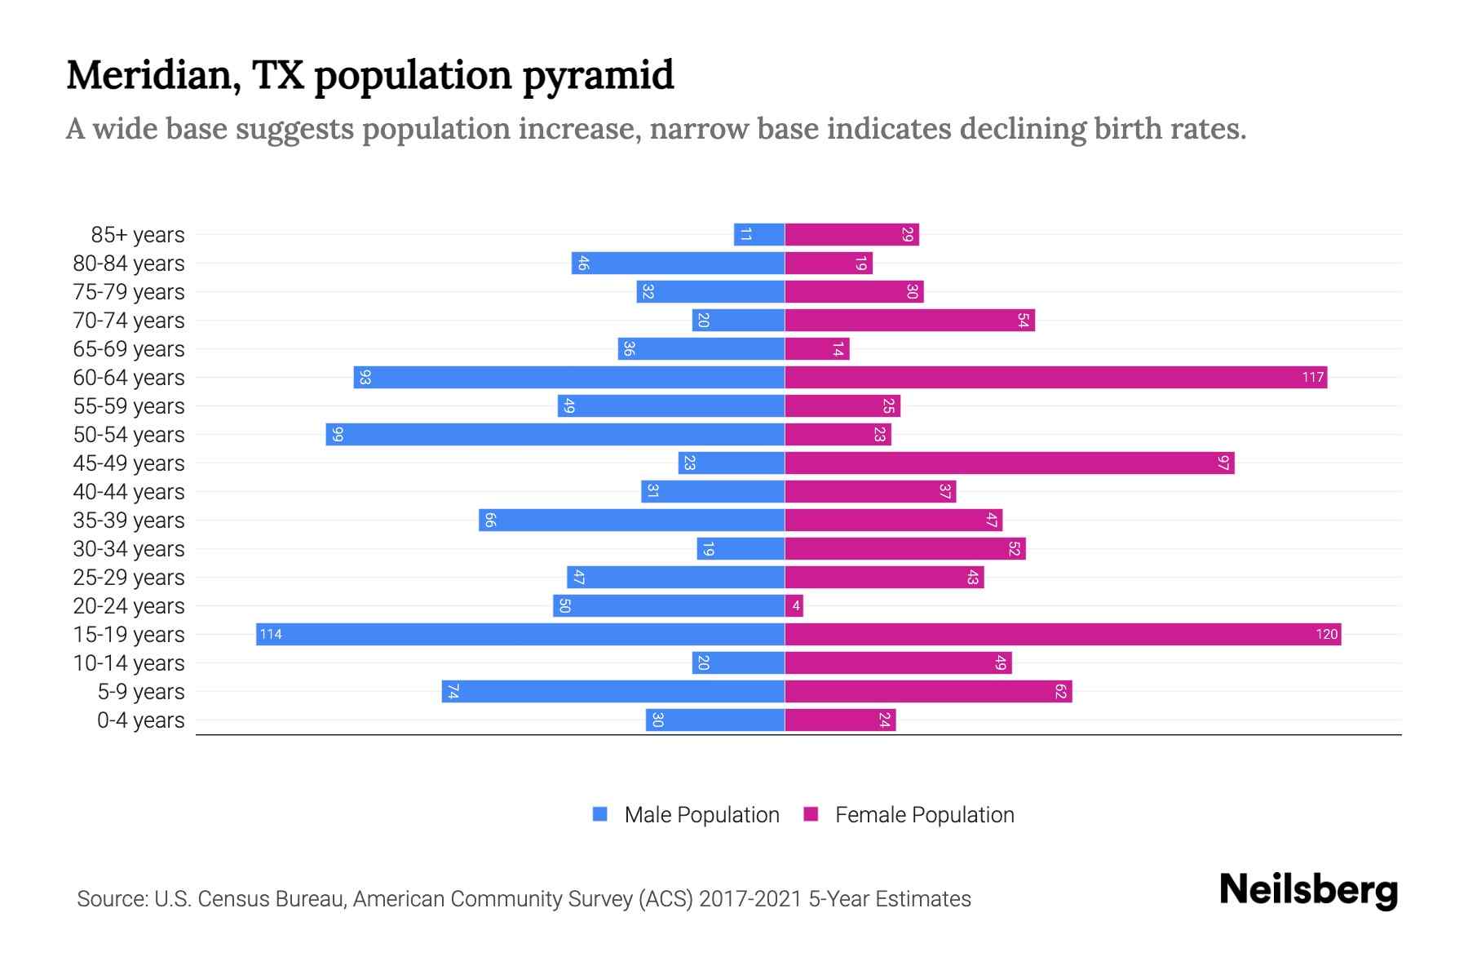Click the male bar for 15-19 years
pos(520,635)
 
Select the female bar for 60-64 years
pos(1055,378)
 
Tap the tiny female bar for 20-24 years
pos(794,606)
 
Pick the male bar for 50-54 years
pos(555,435)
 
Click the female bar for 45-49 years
pos(1009,463)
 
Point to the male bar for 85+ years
pos(758,235)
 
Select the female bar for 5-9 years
pos(928,692)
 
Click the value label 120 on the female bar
pos(1326,635)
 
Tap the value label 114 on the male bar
pos(271,635)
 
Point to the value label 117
pos(1312,378)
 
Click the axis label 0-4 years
pos(140,720)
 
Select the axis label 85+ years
pos(137,235)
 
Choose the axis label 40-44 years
pos(129,492)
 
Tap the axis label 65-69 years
pos(129,349)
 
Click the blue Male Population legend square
pos(600,814)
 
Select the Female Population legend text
pos(924,815)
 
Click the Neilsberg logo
pos(1308,890)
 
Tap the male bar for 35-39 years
pos(631,521)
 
